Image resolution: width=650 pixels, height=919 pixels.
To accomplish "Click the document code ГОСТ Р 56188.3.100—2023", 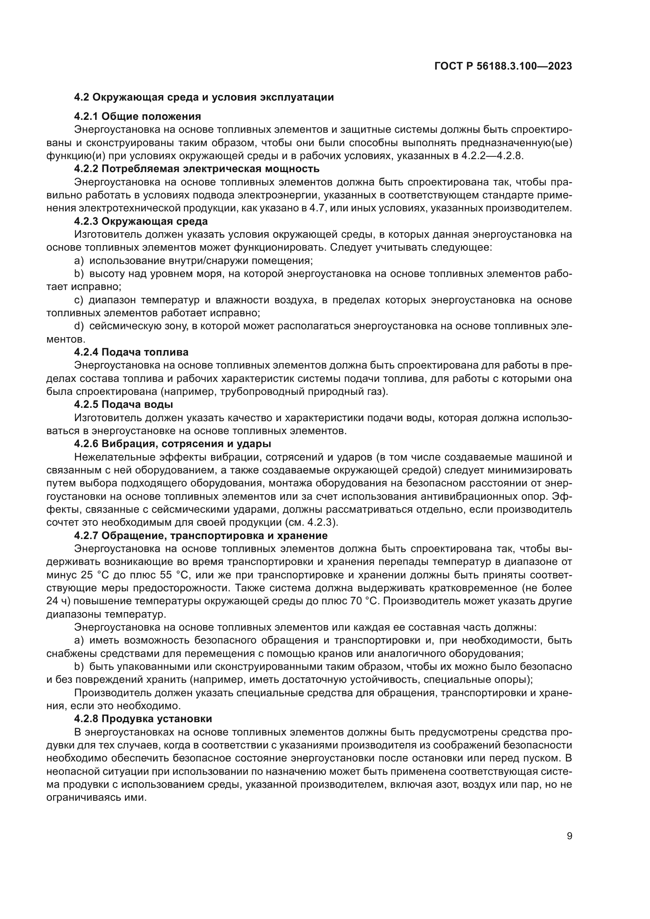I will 503,66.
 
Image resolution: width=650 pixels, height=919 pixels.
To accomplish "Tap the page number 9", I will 569,836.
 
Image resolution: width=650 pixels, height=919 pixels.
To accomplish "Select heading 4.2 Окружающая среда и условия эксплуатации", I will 204,97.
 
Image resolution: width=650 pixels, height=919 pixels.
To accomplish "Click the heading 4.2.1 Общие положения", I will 137,116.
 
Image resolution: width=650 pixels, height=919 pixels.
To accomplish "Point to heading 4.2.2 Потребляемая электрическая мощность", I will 196,169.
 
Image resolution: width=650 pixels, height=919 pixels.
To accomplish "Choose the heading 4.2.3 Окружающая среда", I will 141,221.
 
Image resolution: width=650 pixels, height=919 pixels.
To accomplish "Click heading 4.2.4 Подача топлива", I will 131,352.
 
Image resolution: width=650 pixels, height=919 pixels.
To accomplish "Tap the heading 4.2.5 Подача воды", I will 123,404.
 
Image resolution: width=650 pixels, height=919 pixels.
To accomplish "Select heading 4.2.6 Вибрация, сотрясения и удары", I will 173,444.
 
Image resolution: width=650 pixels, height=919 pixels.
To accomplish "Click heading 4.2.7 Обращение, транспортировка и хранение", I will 200,535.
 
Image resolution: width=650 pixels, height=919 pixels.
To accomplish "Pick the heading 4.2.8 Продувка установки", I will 143,719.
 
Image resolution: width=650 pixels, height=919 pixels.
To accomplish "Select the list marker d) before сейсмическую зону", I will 79,326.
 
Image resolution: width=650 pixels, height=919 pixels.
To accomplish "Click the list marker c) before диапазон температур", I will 79,300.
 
